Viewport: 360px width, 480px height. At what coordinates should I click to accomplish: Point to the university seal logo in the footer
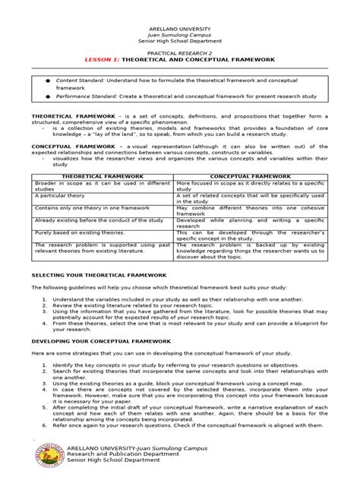(x=54, y=456)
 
